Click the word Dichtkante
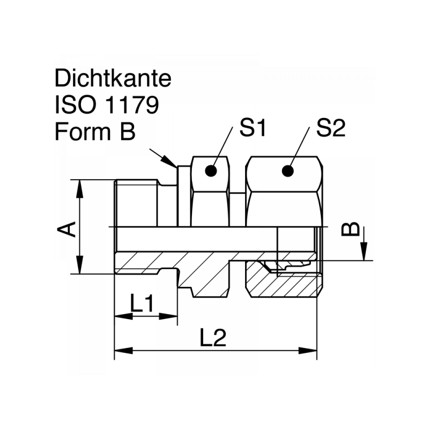tap(113, 79)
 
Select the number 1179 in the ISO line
tap(133, 105)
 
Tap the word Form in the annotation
tap(81, 131)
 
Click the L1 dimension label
tap(142, 305)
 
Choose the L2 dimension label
tap(213, 338)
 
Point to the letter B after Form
tap(127, 131)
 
